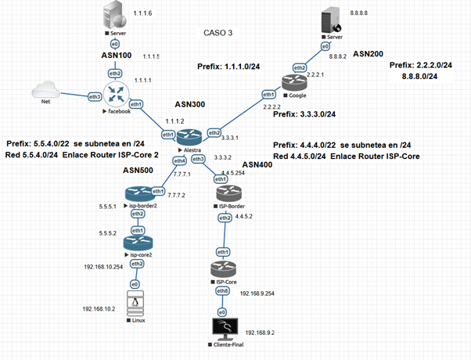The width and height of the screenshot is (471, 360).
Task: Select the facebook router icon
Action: coord(116,94)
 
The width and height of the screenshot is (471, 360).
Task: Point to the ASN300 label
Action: coord(192,106)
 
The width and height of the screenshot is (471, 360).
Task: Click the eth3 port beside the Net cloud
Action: coord(95,97)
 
